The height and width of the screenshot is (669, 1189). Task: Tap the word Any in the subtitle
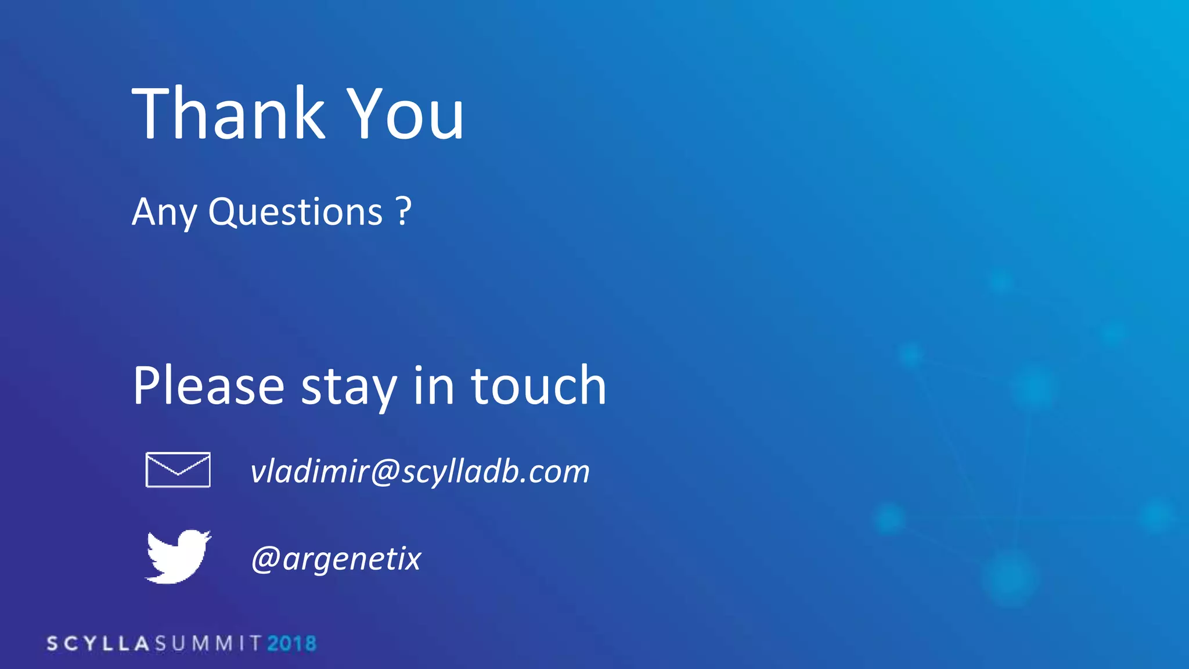click(x=164, y=213)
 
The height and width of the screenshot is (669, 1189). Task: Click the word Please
click(x=208, y=386)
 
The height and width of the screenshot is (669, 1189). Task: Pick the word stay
click(x=349, y=388)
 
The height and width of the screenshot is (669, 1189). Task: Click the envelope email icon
click(x=178, y=469)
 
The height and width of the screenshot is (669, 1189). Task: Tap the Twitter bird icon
click(x=177, y=556)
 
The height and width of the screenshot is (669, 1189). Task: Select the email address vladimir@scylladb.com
click(x=420, y=471)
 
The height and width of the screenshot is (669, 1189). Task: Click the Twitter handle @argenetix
click(x=336, y=559)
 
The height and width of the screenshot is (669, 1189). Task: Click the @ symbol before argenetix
click(x=266, y=560)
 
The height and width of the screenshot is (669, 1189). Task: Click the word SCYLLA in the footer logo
click(x=99, y=643)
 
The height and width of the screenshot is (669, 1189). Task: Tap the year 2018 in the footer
click(x=292, y=643)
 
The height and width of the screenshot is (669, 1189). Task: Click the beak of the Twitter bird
click(x=208, y=535)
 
